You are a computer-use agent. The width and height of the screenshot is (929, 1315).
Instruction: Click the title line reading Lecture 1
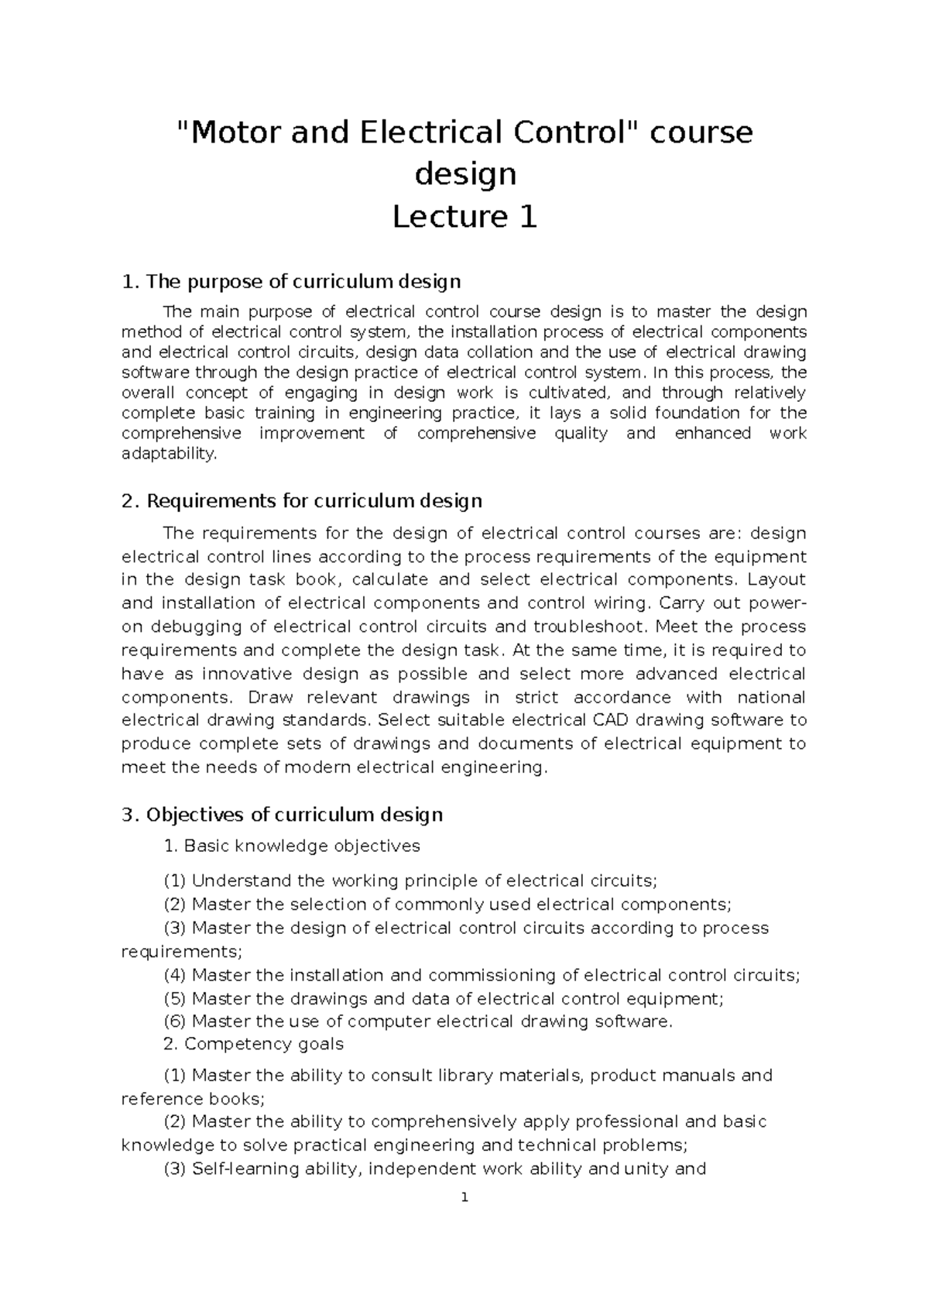[464, 217]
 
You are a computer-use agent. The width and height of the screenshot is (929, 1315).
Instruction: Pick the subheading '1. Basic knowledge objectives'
[292, 846]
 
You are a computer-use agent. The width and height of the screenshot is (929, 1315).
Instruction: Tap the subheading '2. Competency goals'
[253, 1044]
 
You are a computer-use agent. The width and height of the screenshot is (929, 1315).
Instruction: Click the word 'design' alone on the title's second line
[464, 175]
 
